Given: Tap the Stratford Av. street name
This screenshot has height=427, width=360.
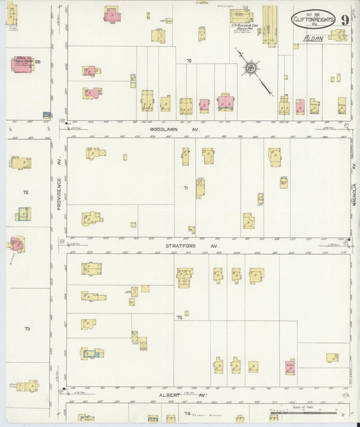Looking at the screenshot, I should [x=191, y=246].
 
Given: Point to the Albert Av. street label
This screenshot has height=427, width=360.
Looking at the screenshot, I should [x=172, y=395].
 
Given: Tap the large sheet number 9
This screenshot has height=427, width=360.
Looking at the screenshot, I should [x=344, y=20].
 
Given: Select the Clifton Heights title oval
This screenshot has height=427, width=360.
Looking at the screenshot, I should [x=313, y=20].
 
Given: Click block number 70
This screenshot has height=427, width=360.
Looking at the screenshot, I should [x=189, y=61].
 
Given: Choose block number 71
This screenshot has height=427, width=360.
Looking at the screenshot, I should [x=184, y=187].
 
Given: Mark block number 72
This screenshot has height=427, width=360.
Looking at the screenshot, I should [x=26, y=193].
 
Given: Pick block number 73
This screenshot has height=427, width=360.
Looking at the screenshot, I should [x=27, y=329].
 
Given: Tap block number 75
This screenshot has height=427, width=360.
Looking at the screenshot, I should [x=179, y=317].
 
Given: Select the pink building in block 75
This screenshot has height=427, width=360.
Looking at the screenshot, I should [x=290, y=366].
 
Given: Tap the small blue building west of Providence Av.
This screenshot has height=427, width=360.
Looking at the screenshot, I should [x=47, y=115].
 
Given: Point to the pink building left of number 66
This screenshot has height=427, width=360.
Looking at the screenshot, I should [x=22, y=64].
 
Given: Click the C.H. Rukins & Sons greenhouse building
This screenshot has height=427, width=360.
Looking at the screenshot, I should [x=240, y=17].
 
